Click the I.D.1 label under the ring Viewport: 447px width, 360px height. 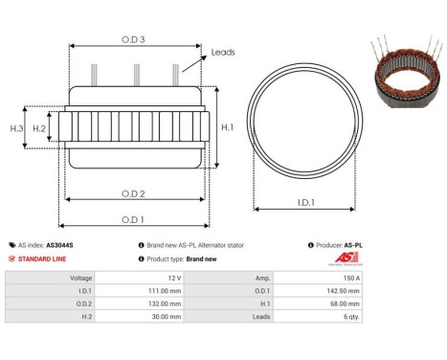click(307, 202)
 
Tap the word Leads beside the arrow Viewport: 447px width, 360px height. click(223, 54)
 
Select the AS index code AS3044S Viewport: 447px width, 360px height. click(59, 245)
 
